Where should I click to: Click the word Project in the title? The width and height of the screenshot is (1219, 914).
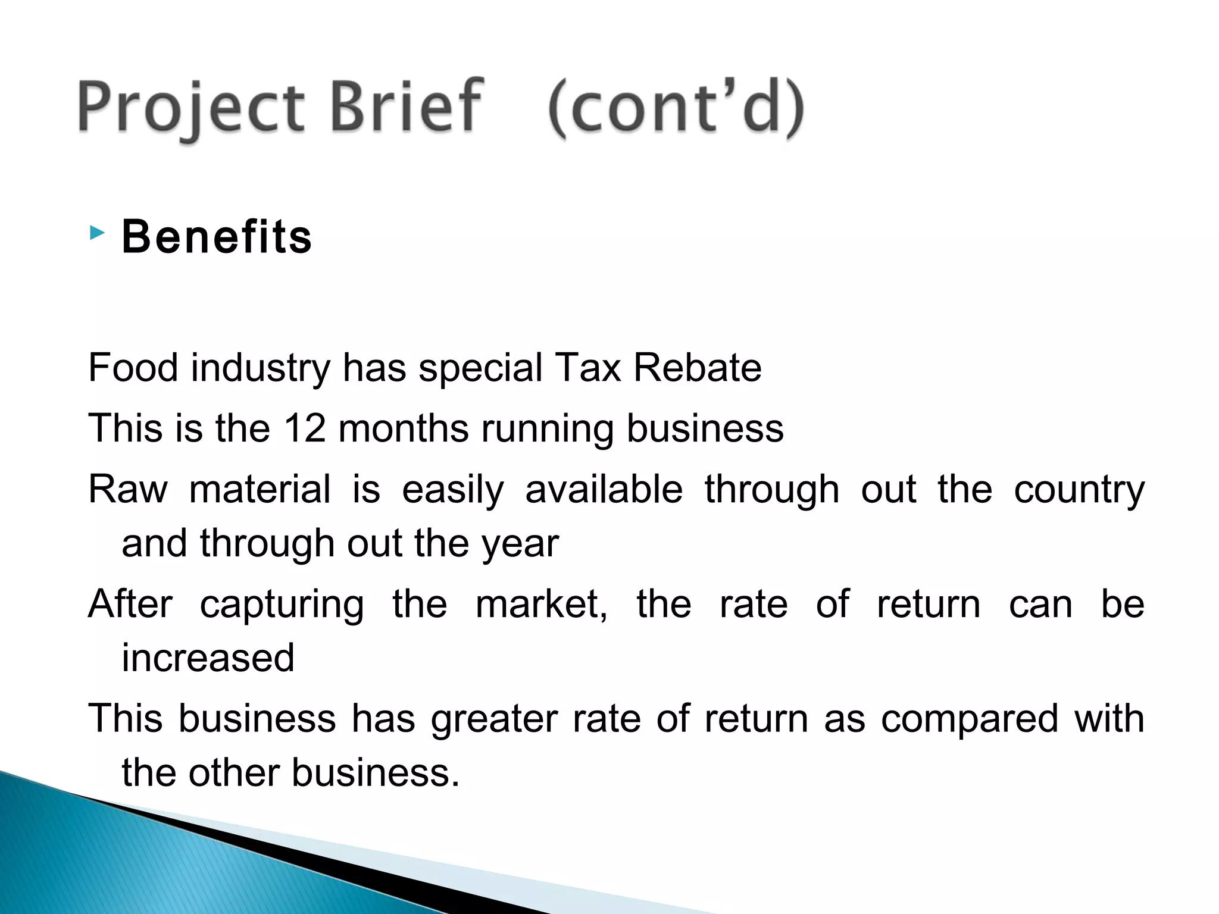click(190, 107)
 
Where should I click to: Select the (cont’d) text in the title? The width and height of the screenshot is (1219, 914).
click(676, 108)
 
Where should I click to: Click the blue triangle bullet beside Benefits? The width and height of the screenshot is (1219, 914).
click(97, 233)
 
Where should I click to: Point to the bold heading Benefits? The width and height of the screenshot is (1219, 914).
click(217, 237)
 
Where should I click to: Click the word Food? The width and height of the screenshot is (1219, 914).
click(133, 367)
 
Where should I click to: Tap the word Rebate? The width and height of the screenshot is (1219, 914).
click(697, 367)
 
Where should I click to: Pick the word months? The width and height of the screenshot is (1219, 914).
click(404, 428)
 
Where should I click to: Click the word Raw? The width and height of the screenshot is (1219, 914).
click(129, 489)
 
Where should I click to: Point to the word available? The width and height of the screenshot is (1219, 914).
click(604, 489)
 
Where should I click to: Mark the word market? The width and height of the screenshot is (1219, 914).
click(540, 604)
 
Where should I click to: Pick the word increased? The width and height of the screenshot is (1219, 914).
click(208, 658)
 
